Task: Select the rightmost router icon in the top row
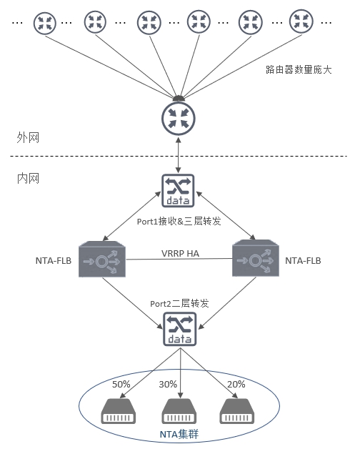(x=300, y=21)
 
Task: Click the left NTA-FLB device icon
(x=103, y=260)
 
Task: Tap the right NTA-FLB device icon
(x=254, y=260)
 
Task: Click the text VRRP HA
(x=179, y=253)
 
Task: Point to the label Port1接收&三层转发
(x=179, y=222)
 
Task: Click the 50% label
(x=120, y=384)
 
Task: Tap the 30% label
(x=169, y=384)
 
